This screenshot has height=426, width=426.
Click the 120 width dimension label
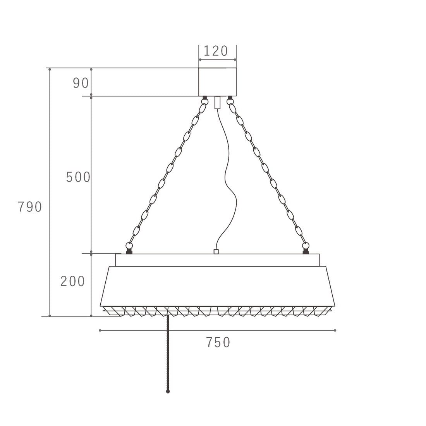click(x=216, y=51)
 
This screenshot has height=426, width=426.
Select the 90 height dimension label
click(x=81, y=83)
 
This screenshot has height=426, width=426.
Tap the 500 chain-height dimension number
click(x=78, y=177)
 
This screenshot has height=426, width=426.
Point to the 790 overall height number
click(x=30, y=207)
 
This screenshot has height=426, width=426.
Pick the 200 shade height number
click(x=72, y=281)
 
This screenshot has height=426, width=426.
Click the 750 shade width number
click(x=218, y=342)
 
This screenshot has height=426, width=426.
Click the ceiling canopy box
click(x=217, y=82)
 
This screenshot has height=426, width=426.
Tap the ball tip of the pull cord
click(x=168, y=392)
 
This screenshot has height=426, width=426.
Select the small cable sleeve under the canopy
click(x=217, y=103)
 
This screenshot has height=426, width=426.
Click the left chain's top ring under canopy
click(x=204, y=102)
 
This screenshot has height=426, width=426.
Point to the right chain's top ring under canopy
click(x=230, y=102)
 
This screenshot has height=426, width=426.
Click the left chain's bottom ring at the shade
click(x=129, y=246)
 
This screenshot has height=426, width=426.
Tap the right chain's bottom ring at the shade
click(x=306, y=246)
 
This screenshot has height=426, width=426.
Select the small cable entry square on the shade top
click(x=216, y=252)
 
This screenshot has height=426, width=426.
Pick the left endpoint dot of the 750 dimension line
click(x=100, y=330)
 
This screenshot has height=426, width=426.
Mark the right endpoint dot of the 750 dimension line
click(x=335, y=330)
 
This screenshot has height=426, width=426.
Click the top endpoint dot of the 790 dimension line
click(x=50, y=69)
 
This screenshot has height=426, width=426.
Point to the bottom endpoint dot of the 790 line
click(x=50, y=316)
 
